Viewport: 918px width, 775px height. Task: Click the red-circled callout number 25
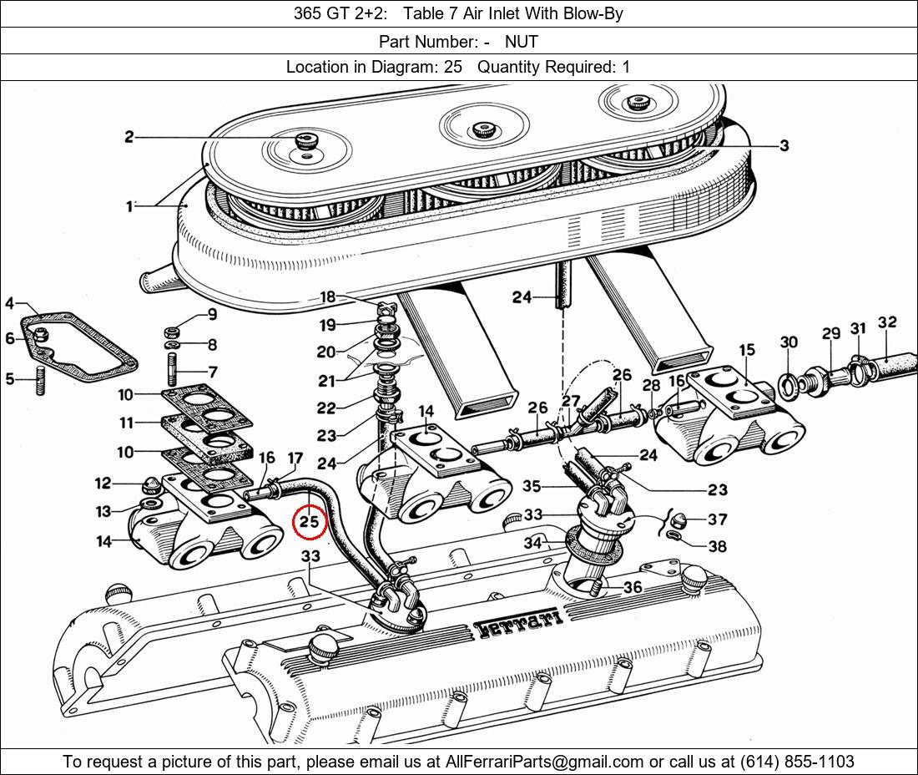click(x=310, y=523)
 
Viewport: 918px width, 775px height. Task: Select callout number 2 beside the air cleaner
click(x=129, y=136)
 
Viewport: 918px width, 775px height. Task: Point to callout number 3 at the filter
click(x=784, y=145)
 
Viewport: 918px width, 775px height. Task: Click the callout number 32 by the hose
click(x=887, y=322)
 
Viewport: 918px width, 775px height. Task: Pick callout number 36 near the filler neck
click(x=633, y=587)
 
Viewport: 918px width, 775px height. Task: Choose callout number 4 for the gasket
click(x=9, y=303)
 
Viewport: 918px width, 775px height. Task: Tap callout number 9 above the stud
click(x=212, y=315)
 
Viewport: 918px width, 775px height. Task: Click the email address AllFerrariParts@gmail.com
click(x=545, y=762)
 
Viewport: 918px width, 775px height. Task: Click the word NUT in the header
click(x=521, y=41)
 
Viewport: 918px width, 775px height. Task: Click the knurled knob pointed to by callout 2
click(x=304, y=140)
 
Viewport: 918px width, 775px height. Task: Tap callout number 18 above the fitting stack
click(x=327, y=297)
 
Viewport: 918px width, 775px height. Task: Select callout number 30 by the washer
click(x=789, y=342)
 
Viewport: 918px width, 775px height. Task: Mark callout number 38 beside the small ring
click(x=717, y=546)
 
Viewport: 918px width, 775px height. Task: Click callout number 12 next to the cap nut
click(x=103, y=483)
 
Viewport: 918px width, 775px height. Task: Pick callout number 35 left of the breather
click(x=532, y=486)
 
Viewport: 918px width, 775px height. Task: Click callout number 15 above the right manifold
click(x=746, y=349)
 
